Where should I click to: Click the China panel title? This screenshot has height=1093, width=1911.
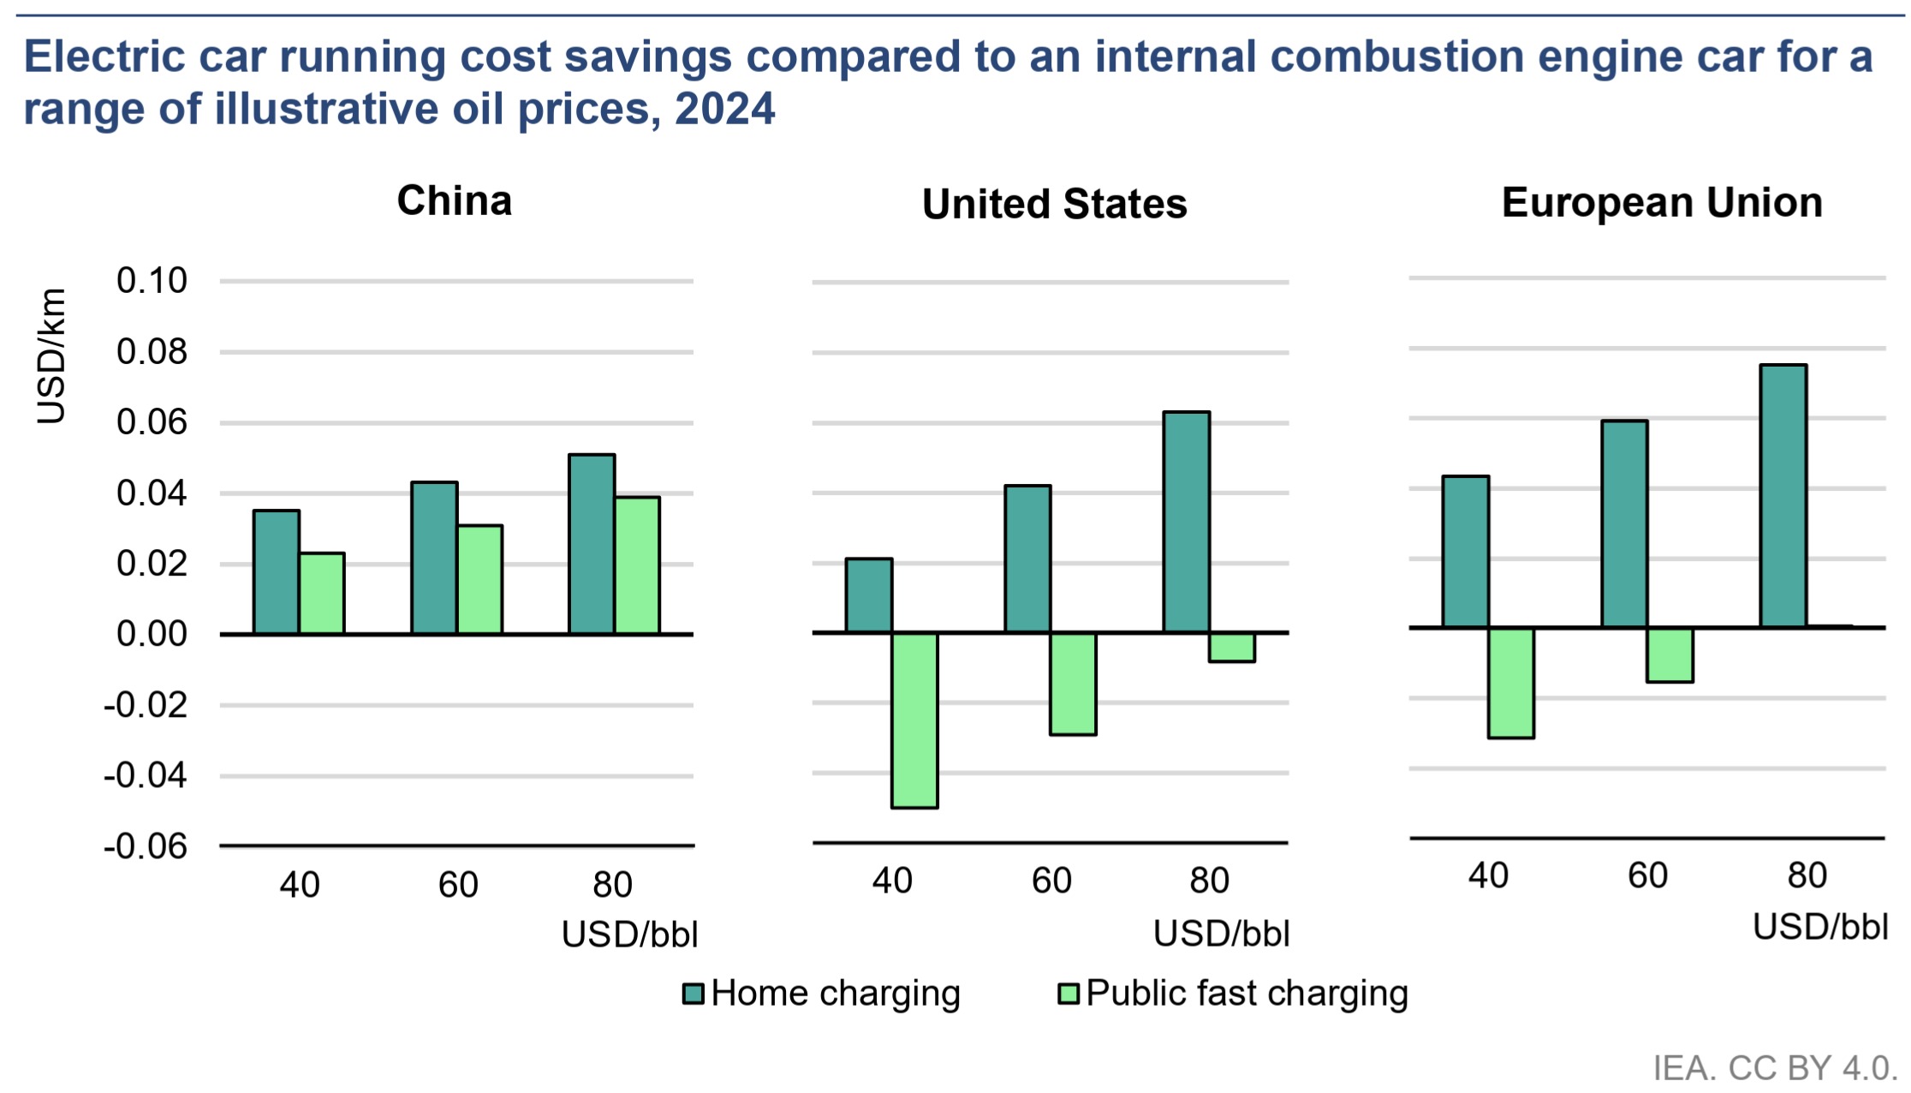tap(455, 201)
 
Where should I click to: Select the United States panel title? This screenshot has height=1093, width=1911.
tap(1054, 205)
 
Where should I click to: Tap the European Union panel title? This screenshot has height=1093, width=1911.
tap(1662, 203)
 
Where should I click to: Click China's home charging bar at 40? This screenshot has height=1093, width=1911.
tap(277, 572)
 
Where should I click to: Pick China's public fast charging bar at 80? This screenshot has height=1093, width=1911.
tap(638, 565)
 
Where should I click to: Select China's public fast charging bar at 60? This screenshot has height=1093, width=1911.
tap(480, 580)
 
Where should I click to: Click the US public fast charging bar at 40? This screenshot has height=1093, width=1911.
tap(914, 720)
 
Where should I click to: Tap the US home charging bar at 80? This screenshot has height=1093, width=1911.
tap(1186, 523)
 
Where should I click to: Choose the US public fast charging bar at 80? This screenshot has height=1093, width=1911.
tap(1232, 648)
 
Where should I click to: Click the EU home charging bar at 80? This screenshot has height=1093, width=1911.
tap(1783, 497)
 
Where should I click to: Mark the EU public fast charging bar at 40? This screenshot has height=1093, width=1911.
tap(1511, 683)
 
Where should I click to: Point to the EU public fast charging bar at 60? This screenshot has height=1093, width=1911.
tap(1670, 655)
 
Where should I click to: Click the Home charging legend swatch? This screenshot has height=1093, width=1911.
tap(693, 994)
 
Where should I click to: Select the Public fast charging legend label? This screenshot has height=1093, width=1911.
tap(1247, 994)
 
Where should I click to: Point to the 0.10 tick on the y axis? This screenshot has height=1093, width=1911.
tap(152, 281)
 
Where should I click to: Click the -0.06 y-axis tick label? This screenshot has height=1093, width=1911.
tap(146, 846)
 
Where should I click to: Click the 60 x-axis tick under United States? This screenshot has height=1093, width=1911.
tap(1051, 881)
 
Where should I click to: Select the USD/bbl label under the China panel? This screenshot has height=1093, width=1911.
tap(629, 935)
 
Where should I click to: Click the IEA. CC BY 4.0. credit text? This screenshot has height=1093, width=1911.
tap(1775, 1068)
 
